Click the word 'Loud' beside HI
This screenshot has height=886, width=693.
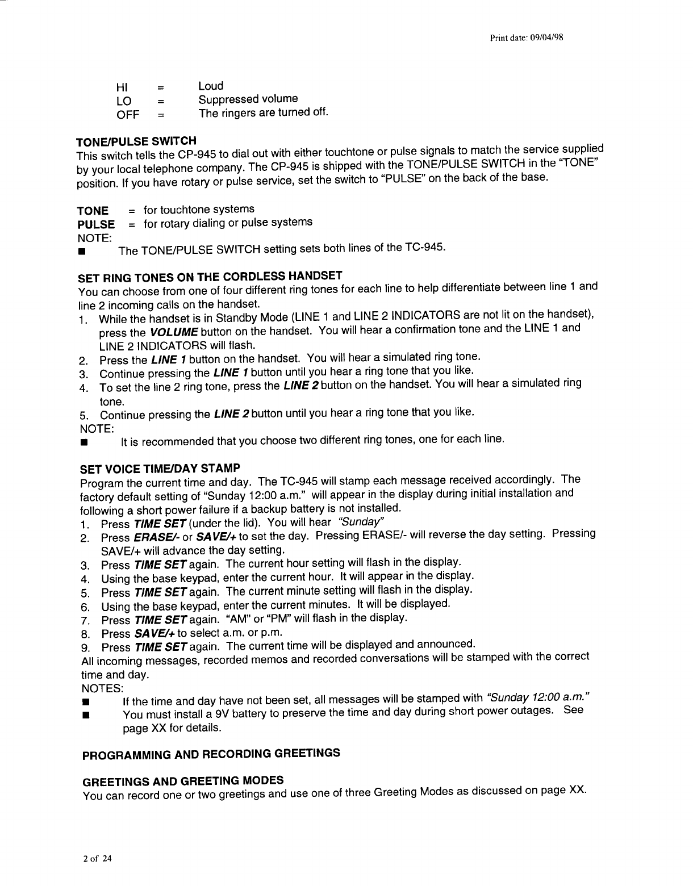211,86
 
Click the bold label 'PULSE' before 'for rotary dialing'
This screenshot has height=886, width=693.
96,224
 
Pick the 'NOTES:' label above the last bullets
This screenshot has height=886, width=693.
99,688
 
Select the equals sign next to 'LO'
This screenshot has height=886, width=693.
161,102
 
